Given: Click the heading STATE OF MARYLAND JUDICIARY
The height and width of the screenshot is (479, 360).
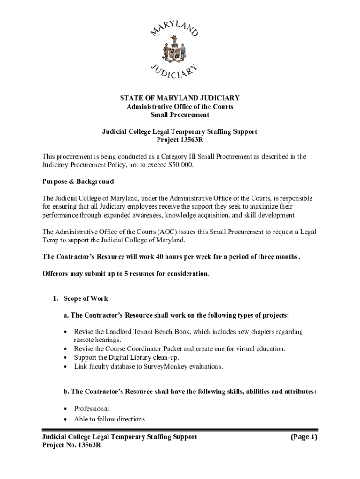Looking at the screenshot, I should coord(180,98).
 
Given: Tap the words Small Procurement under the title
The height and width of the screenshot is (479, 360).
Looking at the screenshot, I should coord(180,115).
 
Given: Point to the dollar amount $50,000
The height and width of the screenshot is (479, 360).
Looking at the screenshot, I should coord(178,165).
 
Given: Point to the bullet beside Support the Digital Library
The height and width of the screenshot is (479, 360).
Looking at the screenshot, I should coord(65,358).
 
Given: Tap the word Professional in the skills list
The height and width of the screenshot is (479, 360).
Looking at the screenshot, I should coord(92,408).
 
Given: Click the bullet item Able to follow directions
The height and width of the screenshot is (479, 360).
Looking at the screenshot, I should coord(109,419).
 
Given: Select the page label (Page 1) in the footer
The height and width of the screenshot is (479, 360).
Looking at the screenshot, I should coord(303,437).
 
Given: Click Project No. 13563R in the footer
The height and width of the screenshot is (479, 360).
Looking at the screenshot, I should coord(72,446).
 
